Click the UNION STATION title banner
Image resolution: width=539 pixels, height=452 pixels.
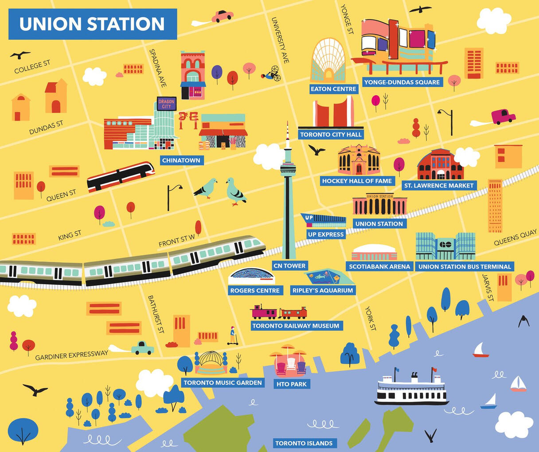pos(92,24)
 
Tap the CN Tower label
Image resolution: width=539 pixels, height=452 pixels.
pos(289,266)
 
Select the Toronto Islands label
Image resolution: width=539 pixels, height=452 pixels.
pos(304,443)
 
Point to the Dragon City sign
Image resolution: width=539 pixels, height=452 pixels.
pos(167,104)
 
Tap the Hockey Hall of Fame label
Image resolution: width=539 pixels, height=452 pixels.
pos(357,181)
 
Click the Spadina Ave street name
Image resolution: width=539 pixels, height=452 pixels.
pos(158,67)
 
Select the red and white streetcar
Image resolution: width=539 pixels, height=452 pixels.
pos(121,176)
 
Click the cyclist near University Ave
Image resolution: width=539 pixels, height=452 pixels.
pos(272,73)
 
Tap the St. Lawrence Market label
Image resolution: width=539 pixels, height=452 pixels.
pos(439,186)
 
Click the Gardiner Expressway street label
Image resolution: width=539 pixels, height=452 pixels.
pos(71,355)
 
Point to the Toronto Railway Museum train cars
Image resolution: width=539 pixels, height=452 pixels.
pos(278,312)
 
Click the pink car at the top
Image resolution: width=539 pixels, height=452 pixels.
pos(222,16)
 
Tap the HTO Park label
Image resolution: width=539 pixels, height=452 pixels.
pos(291,384)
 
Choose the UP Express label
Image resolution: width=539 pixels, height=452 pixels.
pos(325,234)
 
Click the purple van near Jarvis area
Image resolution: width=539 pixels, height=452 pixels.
pos(503,117)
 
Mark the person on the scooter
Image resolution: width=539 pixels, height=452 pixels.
pos(232,336)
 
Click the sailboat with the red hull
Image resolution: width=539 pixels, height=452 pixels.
pos(480,350)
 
